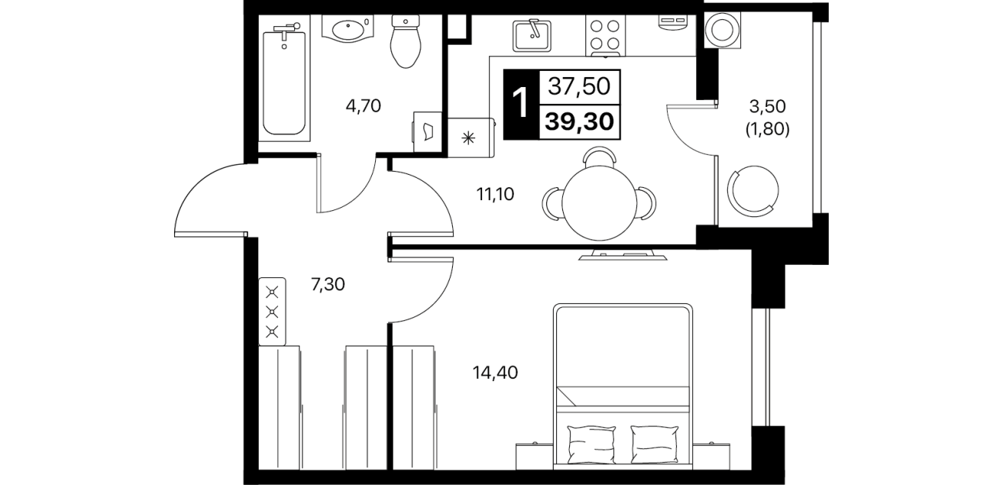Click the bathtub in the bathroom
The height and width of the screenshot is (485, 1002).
[284, 81]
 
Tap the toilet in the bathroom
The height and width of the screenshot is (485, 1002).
[406, 42]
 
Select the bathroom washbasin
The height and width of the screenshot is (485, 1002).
[347, 29]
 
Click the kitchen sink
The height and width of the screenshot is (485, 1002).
[532, 35]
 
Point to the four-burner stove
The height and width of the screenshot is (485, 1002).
[605, 35]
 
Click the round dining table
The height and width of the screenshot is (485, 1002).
[599, 203]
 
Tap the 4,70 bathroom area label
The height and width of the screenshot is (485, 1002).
[364, 106]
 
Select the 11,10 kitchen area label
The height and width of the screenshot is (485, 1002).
[495, 195]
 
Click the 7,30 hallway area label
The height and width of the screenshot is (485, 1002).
[328, 284]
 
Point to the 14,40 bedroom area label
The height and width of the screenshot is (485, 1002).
[495, 372]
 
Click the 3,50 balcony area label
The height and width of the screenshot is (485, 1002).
[767, 106]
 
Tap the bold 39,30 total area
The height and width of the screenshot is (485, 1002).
[579, 122]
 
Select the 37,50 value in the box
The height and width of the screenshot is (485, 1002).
[579, 86]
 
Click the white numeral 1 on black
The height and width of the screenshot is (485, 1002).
[521, 105]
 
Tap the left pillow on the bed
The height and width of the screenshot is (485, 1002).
[591, 444]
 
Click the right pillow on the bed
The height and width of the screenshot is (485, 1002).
[654, 444]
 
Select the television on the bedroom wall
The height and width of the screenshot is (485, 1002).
[622, 254]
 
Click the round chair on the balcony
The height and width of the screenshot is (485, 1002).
[753, 191]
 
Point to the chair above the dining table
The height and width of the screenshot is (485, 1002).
[599, 157]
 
